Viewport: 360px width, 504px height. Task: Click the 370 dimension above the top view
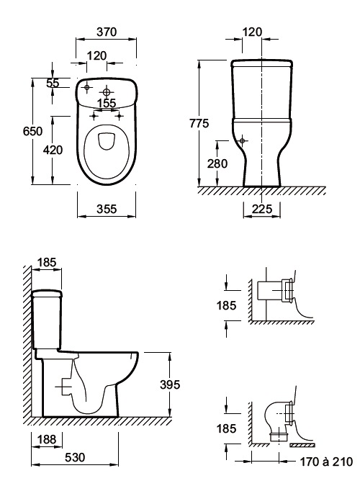tap(107, 32)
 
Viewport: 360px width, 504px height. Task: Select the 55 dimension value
tap(53, 83)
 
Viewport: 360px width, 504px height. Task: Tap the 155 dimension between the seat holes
tap(107, 103)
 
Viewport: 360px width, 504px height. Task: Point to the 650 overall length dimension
tap(33, 131)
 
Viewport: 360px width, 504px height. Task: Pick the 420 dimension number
tap(53, 150)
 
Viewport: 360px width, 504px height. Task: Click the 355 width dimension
tap(107, 209)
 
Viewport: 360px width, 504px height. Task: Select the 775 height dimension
tap(199, 123)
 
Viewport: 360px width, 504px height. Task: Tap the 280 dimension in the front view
tap(217, 163)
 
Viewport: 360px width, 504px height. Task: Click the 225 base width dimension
tap(262, 209)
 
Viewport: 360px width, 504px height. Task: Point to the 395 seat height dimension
tap(170, 384)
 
